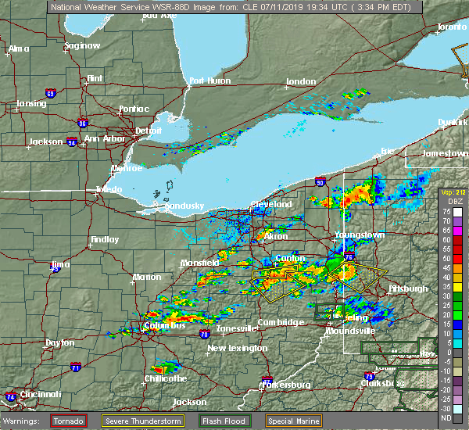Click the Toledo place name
pos(109,190)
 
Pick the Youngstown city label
pos(359,235)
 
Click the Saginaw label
pos(82,45)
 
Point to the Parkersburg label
pos(287,385)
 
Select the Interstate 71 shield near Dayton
pos(76,366)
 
